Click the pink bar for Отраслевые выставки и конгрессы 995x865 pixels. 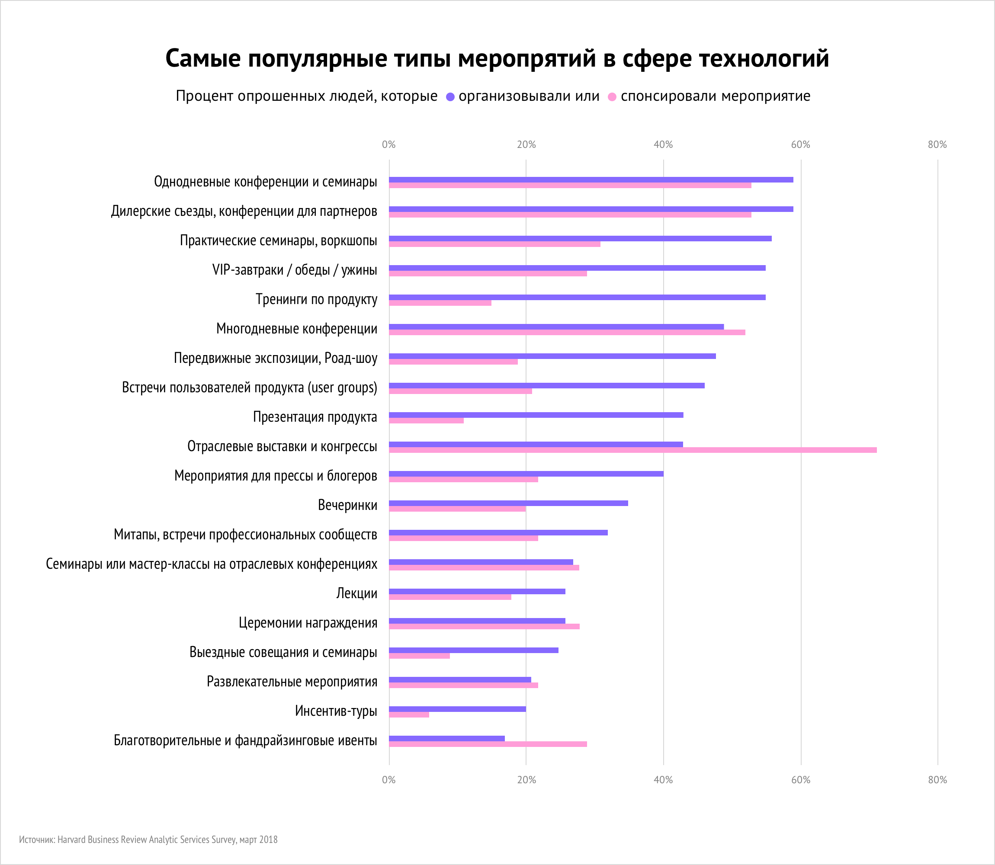click(x=632, y=450)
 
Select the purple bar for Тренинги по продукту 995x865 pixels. click(x=577, y=298)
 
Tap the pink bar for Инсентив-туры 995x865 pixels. click(x=409, y=715)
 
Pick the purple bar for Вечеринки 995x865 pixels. click(x=508, y=503)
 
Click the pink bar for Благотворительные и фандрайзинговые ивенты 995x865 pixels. click(x=488, y=744)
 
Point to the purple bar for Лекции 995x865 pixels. click(x=477, y=591)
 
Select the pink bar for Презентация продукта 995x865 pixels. click(x=426, y=420)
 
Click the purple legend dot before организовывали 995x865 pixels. click(x=450, y=97)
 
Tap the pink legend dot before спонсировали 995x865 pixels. click(x=612, y=97)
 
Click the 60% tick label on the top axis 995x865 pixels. click(x=800, y=145)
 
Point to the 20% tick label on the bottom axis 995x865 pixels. click(x=526, y=779)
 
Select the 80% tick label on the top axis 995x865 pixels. click(x=937, y=145)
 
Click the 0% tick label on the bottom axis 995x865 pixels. click(x=388, y=779)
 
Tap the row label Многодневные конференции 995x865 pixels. click(x=296, y=329)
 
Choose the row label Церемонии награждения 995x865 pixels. click(x=308, y=623)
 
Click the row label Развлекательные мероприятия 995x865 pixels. click(x=292, y=682)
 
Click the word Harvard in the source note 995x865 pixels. click(x=72, y=839)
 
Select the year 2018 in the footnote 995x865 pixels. click(x=268, y=839)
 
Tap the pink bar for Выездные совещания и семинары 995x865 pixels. click(x=419, y=656)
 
